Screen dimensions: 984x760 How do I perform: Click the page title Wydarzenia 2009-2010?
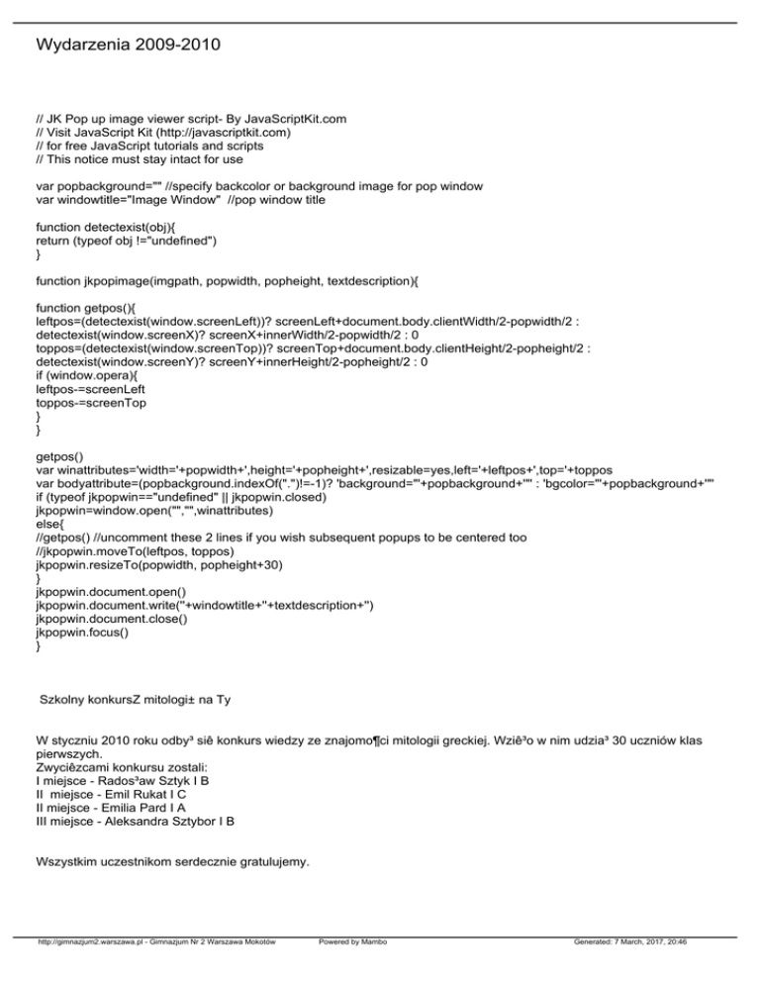(x=127, y=46)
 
